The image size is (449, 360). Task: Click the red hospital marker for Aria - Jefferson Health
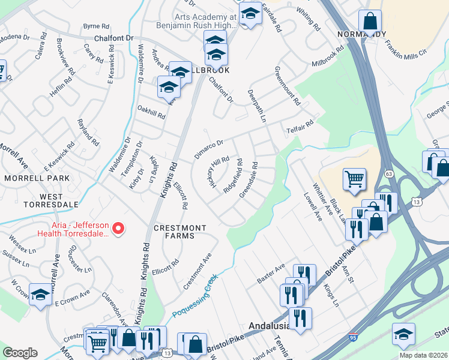[118, 228]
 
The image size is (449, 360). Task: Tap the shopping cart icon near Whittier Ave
[354, 178]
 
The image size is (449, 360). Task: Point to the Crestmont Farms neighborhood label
[179, 232]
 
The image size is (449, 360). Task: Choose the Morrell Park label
[37, 178]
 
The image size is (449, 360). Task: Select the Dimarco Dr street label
[208, 149]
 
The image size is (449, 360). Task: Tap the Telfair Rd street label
[300, 126]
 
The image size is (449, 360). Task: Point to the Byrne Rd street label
[96, 26]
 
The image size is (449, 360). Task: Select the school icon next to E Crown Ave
[41, 295]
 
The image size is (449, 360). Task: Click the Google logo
[20, 353]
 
